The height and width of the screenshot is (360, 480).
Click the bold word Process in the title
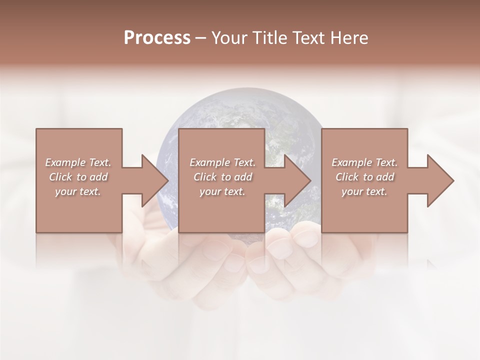tap(157, 38)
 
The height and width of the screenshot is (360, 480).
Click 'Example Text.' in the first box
tap(78, 162)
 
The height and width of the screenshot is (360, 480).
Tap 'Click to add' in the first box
tap(78, 177)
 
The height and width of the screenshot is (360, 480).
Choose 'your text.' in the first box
tap(78, 191)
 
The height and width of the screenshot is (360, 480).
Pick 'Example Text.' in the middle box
tap(222, 162)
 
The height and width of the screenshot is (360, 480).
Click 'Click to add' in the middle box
tap(222, 177)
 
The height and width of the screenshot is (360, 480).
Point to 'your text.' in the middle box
tap(222, 191)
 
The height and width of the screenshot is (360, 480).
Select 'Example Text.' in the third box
tap(364, 162)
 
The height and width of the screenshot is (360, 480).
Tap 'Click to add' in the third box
tap(364, 177)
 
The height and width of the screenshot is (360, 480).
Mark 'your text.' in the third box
tap(364, 191)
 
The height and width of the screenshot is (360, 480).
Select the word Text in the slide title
tap(306, 38)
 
